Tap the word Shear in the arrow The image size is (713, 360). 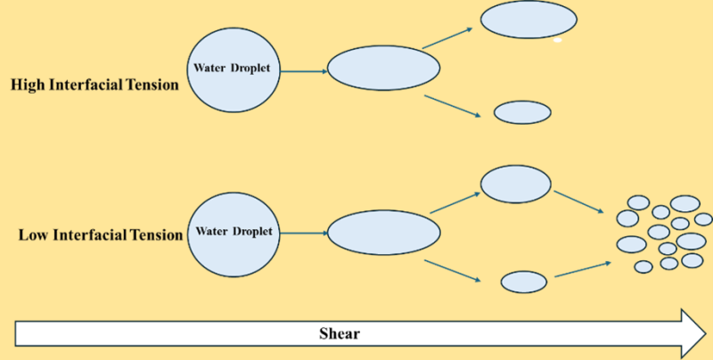pos(340,334)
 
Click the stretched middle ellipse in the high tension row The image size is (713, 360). pos(383,68)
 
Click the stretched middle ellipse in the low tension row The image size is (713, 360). pos(384,232)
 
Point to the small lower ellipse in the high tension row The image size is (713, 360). pos(522,112)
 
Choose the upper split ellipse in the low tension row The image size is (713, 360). pos(516,184)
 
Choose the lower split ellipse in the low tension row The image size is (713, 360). pos(523,282)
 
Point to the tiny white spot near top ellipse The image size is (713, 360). pos(557,40)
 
